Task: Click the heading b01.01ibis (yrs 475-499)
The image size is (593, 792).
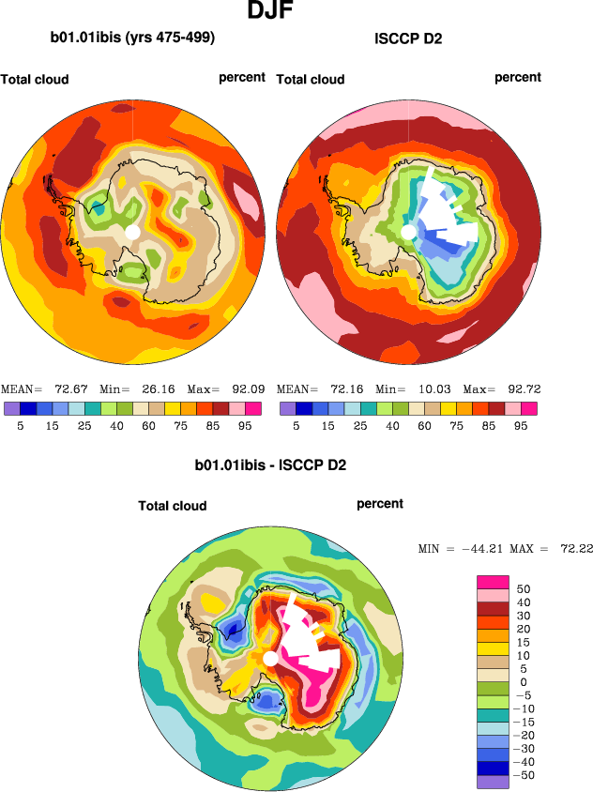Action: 132,38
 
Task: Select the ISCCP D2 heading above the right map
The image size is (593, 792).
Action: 408,39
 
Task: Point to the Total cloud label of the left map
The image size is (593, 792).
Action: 35,79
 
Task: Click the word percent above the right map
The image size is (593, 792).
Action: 518,77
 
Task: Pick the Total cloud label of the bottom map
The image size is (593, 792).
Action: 173,506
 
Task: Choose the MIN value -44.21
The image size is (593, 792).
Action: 478,548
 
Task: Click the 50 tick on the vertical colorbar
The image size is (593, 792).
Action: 525,588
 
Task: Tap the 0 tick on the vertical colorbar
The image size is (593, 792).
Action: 524,681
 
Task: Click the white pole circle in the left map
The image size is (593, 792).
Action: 132,231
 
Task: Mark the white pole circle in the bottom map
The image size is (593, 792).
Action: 270,660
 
